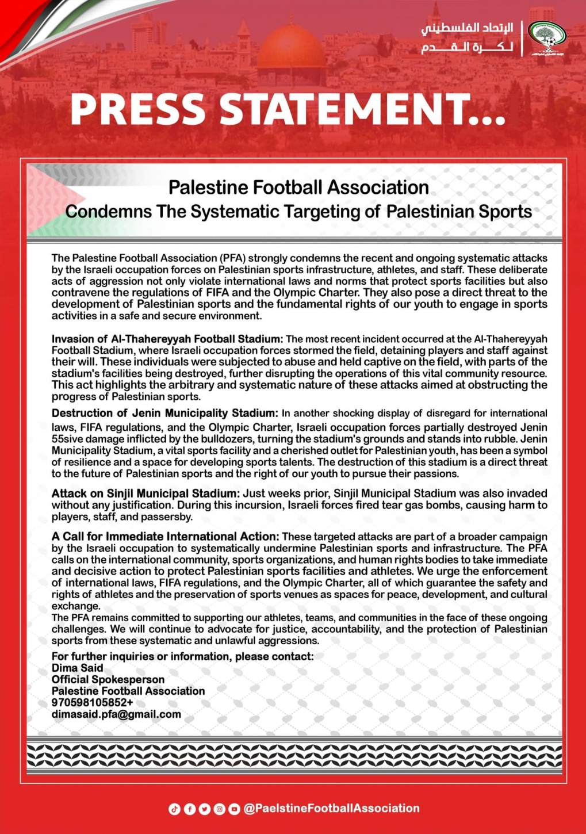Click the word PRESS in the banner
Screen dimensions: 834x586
click(x=137, y=109)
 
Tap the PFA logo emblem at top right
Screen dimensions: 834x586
click(x=546, y=37)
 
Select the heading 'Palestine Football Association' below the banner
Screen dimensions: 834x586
click(x=298, y=188)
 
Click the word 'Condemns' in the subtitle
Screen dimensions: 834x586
click(x=109, y=212)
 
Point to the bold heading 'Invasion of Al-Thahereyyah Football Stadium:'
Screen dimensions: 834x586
click(x=167, y=339)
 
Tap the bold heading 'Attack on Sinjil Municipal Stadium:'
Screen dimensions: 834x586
click(x=145, y=493)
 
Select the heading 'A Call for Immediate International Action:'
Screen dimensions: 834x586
click(x=166, y=537)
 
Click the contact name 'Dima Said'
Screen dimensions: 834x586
click(x=78, y=668)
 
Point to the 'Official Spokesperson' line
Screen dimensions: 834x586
click(x=108, y=679)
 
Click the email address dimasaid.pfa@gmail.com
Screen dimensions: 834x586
click(x=116, y=714)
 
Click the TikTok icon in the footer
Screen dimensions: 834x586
click(x=175, y=809)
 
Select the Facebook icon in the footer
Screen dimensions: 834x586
click(x=190, y=809)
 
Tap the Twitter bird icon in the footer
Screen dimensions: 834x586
click(x=205, y=809)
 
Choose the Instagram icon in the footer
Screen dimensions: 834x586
click(x=220, y=809)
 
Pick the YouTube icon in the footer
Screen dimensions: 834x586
click(x=235, y=809)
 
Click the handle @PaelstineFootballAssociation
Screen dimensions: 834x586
click(x=332, y=809)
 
